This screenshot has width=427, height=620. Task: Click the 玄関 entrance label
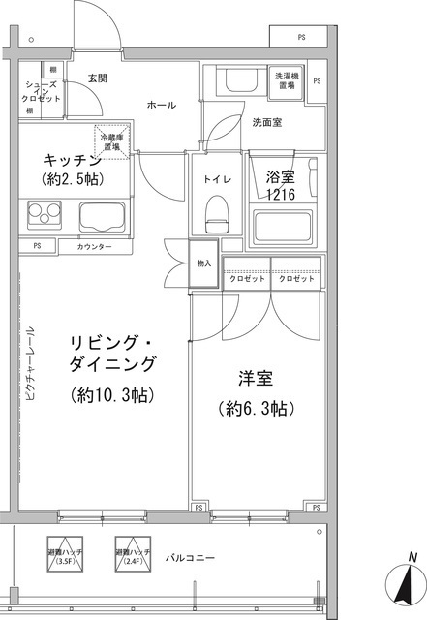[97, 77]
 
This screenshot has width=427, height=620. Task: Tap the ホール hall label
[162, 105]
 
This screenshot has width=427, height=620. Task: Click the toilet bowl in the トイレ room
[215, 209]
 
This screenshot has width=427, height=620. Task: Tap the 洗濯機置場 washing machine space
[287, 80]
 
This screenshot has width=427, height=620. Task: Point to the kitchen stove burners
[43, 212]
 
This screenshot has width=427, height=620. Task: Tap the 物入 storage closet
[203, 263]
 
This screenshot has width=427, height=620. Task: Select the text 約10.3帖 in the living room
[113, 394]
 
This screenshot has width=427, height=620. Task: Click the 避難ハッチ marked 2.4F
[133, 555]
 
